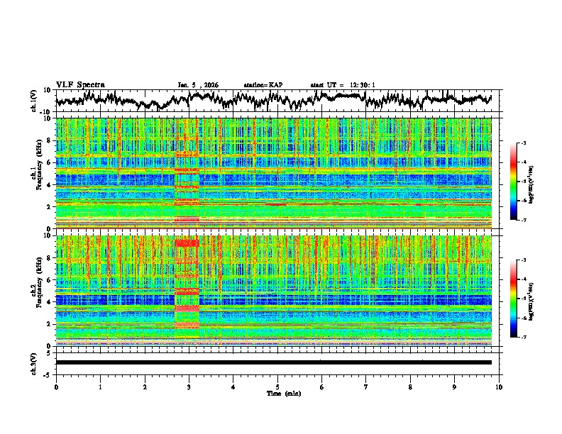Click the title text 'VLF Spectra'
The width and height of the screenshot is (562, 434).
[x=80, y=84]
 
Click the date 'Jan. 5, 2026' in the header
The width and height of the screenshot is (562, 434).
[x=198, y=85]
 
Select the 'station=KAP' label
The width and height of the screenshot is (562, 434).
[x=263, y=85]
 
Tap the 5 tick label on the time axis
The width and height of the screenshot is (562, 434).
[x=277, y=386]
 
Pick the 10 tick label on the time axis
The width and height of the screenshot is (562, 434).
[x=499, y=386]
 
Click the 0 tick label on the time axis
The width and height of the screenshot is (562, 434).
[x=56, y=386]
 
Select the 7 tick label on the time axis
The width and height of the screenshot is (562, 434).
[x=366, y=386]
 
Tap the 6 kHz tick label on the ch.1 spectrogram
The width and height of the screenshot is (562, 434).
[x=49, y=162]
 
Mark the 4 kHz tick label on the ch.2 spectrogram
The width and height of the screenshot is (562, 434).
[x=49, y=301]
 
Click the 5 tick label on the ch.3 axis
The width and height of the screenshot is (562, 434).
[x=50, y=352]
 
